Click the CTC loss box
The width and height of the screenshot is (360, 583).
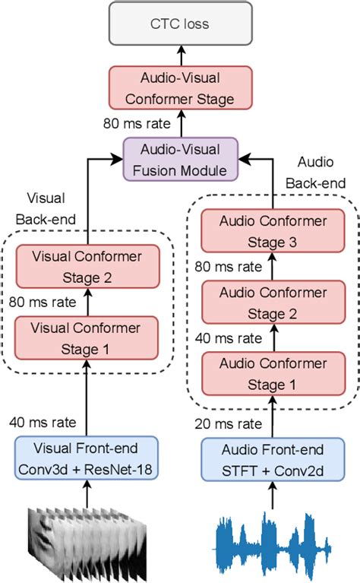[x=181, y=24]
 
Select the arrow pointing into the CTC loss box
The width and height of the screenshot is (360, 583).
[x=181, y=53]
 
